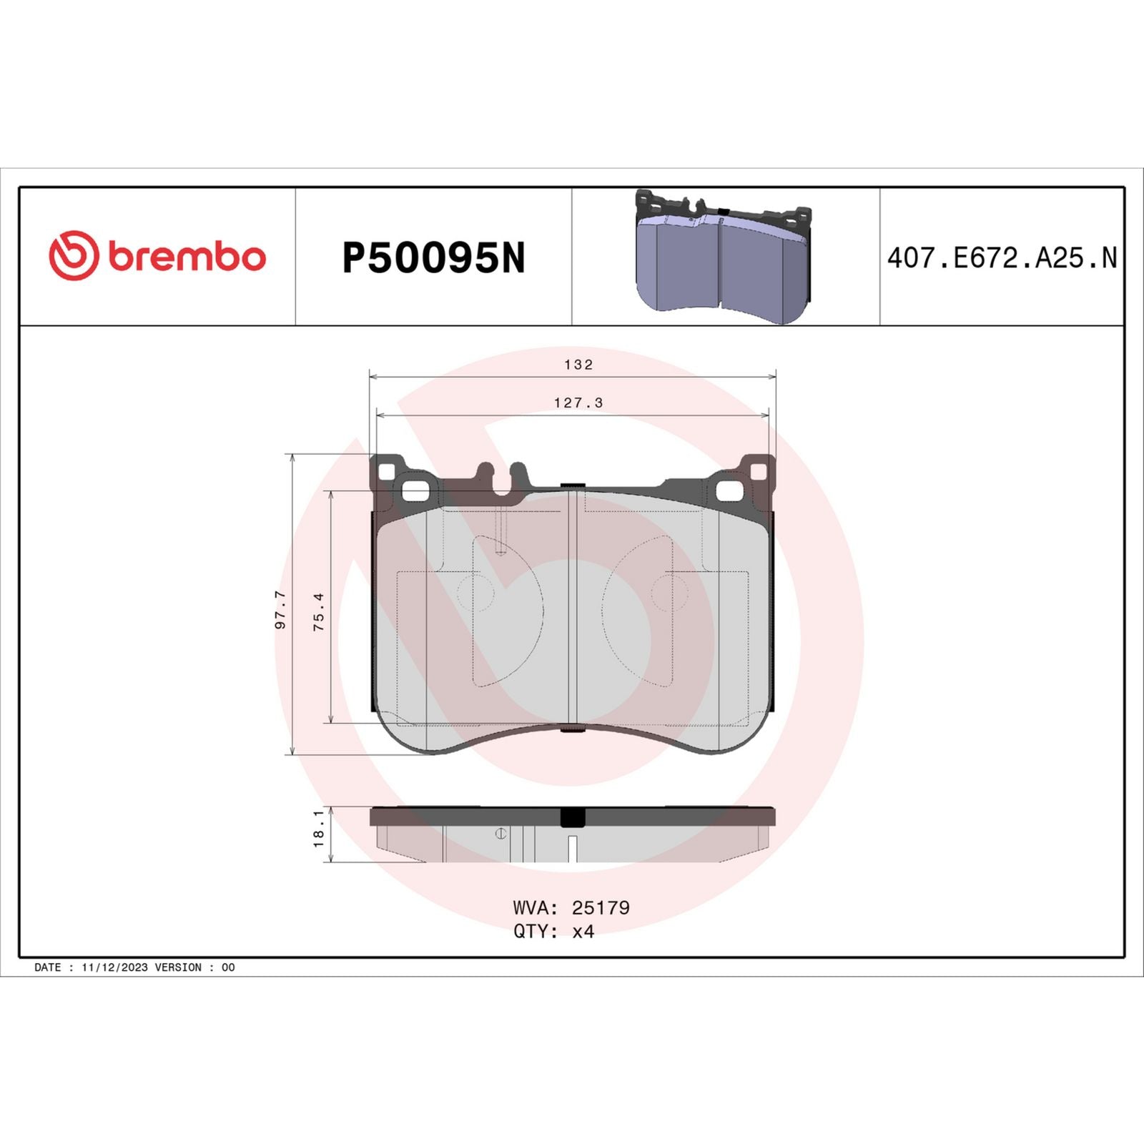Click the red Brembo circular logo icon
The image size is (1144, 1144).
click(74, 255)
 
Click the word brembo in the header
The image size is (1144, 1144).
click(187, 257)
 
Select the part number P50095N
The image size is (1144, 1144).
click(433, 258)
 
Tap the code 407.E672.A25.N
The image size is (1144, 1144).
click(1001, 258)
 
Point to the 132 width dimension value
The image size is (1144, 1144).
click(578, 365)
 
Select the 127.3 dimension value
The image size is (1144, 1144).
click(578, 403)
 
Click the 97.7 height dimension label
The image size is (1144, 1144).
click(280, 609)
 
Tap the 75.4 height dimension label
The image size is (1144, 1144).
click(319, 611)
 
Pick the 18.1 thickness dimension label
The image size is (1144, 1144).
click(319, 828)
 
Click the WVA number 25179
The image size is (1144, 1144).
click(600, 907)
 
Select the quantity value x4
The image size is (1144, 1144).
click(583, 931)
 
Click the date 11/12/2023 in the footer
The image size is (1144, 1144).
click(114, 967)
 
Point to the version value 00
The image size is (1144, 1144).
click(228, 967)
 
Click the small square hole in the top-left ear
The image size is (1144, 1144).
click(386, 473)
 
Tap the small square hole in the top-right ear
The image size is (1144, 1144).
click(758, 471)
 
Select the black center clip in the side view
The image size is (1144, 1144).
click(572, 817)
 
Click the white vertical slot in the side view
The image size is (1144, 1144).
click(572, 848)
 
